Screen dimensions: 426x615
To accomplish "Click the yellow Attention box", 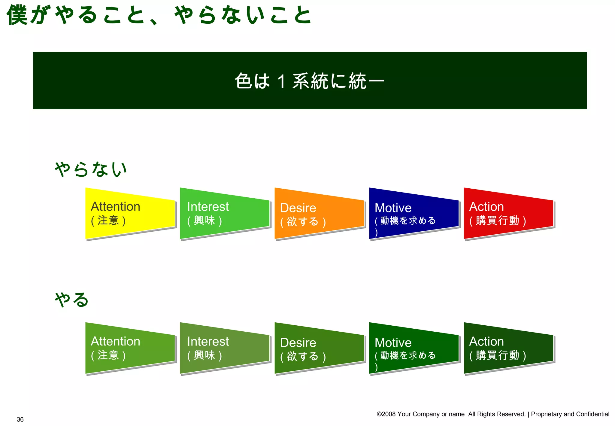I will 130,213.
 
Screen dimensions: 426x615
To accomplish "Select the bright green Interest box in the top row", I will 224,213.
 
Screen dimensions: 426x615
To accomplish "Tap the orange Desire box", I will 319,213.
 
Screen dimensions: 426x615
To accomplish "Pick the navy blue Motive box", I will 414,213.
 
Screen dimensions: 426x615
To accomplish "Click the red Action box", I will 508,213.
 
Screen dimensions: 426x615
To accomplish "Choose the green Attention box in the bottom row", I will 130,348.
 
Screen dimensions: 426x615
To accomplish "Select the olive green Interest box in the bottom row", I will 224,348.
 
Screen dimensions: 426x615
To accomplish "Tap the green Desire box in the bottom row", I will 319,348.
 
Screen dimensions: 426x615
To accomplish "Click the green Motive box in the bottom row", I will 414,348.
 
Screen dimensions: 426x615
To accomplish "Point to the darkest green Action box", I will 508,348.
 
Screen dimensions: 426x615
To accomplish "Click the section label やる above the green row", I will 71,300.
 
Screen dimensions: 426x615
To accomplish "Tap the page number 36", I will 20,419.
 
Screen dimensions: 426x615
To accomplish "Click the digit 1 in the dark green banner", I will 281,81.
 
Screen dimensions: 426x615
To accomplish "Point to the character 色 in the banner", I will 243,81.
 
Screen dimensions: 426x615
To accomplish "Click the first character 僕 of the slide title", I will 17,15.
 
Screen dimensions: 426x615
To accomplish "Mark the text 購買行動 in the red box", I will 497,221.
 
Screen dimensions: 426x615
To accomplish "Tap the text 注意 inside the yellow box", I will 108,221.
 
